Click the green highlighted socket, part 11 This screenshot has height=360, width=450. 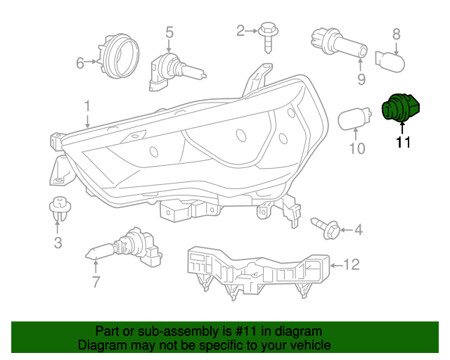[x=400, y=108]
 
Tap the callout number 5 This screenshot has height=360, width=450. [x=169, y=32]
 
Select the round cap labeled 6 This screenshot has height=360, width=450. [x=119, y=56]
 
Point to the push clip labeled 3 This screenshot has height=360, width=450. [x=60, y=208]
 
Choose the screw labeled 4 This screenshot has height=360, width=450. [x=325, y=228]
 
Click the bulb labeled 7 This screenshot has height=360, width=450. [x=124, y=247]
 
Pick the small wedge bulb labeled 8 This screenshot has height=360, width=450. [x=390, y=62]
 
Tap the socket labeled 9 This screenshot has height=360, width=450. [x=339, y=44]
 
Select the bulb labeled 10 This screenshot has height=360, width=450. [x=354, y=118]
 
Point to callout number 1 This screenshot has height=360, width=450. [x=87, y=106]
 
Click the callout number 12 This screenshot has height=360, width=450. [x=352, y=264]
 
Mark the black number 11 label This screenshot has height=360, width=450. [x=403, y=142]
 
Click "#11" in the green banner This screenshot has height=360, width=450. [x=245, y=331]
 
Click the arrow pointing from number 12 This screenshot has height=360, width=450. [x=336, y=265]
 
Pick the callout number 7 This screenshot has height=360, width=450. [x=96, y=282]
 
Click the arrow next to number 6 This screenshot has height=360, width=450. [x=91, y=61]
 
